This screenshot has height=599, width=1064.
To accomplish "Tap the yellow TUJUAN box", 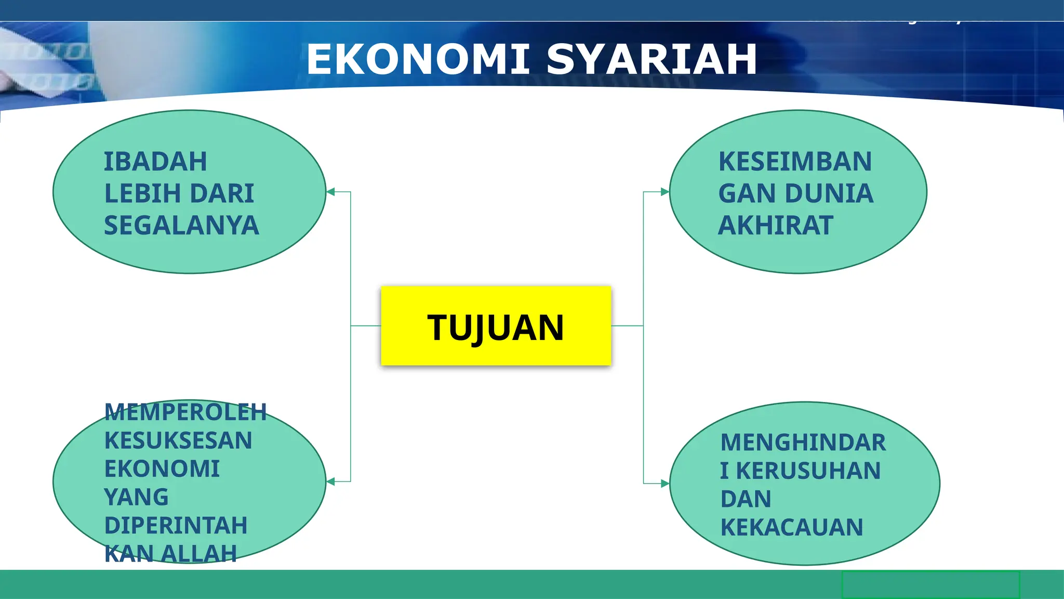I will point(496,326).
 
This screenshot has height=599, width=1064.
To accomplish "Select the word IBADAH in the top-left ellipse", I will point(155,162).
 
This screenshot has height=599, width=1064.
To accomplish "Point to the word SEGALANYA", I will point(181,226).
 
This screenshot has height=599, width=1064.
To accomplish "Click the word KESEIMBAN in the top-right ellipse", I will point(795,162).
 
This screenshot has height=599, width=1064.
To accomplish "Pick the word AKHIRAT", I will point(776,226).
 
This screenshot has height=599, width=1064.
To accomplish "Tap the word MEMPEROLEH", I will point(185,412).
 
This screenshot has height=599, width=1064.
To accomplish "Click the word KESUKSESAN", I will point(178,441).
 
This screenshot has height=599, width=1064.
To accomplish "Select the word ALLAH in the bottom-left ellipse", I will point(199,554).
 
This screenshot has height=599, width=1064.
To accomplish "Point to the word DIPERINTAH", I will point(176,526).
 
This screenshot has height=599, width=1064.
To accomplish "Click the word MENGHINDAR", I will point(803,442).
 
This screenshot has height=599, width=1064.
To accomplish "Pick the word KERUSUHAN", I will point(808,471).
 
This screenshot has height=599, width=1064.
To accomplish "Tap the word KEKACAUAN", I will point(792,527).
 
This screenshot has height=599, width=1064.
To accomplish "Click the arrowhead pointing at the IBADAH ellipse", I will point(331,192).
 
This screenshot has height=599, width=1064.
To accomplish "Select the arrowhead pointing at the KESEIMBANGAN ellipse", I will point(664,192).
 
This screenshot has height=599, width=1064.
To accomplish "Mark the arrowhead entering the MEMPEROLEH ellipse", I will point(331,481).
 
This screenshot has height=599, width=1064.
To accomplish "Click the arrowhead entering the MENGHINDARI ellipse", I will point(664,484).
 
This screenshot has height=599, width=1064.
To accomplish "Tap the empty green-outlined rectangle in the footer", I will point(930,585).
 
